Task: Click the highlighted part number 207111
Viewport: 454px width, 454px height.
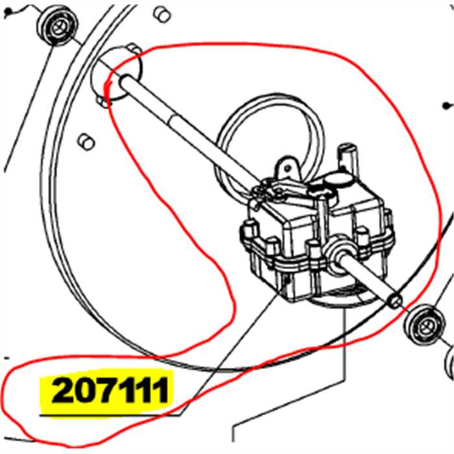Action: pyautogui.click(x=110, y=391)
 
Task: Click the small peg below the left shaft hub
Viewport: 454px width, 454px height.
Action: pyautogui.click(x=85, y=140)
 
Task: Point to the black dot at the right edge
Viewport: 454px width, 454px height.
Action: pyautogui.click(x=446, y=105)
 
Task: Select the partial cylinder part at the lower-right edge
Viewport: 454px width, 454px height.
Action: pyautogui.click(x=448, y=363)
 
